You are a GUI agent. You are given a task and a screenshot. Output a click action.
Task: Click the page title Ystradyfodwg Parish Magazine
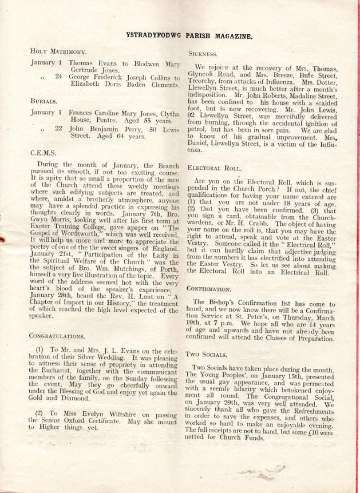tap(189, 36)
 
